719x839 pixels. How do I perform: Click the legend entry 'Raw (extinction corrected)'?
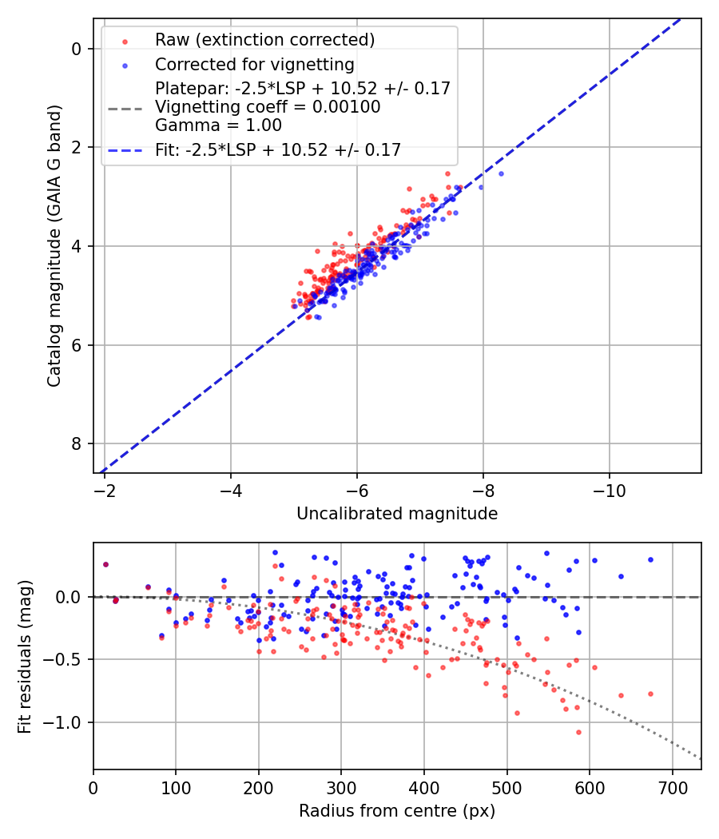(x=264, y=40)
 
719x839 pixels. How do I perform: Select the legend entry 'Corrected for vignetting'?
(x=254, y=64)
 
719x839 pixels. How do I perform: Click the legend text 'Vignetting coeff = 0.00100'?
(x=268, y=107)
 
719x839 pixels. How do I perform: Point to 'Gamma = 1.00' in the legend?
(x=218, y=125)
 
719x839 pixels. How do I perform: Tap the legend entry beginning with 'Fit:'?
(x=277, y=149)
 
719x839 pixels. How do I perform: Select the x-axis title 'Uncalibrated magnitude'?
(x=397, y=514)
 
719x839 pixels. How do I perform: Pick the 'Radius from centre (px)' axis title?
(x=397, y=811)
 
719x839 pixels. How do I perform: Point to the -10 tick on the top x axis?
(x=610, y=487)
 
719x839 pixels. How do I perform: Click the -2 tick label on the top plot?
(x=105, y=487)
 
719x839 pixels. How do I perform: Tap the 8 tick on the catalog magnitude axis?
(x=77, y=443)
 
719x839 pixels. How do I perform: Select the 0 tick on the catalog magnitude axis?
(x=77, y=49)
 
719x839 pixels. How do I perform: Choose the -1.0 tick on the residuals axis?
(x=67, y=722)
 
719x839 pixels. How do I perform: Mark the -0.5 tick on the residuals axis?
(x=67, y=660)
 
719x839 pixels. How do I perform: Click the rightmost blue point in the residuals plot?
(x=650, y=560)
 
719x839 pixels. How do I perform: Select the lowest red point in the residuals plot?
(x=578, y=732)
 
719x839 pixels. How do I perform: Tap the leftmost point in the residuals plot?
(x=105, y=564)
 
